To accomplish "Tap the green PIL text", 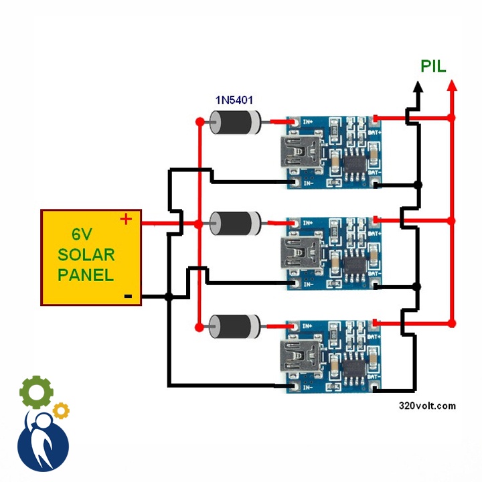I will click(433, 66).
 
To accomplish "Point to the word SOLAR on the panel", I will click(86, 254).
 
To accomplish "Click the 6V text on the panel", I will click(82, 235).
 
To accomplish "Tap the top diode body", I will click(235, 122).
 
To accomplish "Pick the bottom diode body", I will click(235, 327).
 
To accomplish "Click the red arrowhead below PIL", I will click(452, 86).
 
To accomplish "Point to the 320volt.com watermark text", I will click(427, 406).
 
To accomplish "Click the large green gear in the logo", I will click(36, 392).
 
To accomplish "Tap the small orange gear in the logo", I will click(61, 410).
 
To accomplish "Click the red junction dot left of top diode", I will click(199, 122).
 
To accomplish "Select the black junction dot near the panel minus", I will click(169, 297).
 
